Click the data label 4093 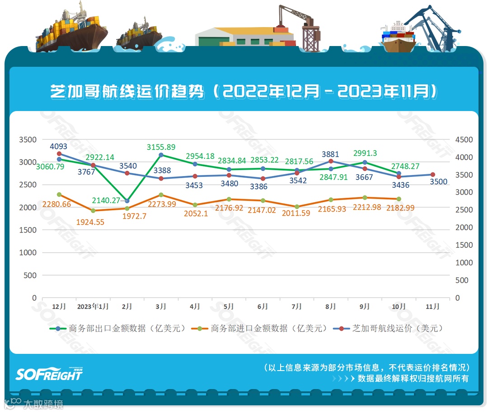click(x=59, y=146)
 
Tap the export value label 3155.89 click(x=161, y=147)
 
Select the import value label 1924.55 click(x=93, y=222)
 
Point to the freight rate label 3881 click(x=330, y=154)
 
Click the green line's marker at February click(x=127, y=201)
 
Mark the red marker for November click(x=432, y=175)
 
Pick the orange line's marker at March click(x=161, y=195)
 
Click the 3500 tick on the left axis click(x=28, y=139)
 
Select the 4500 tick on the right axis click(x=464, y=139)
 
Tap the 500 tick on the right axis click(x=462, y=280)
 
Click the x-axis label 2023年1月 click(x=93, y=306)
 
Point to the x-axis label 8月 click(x=330, y=306)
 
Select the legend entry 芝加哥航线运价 click(x=388, y=329)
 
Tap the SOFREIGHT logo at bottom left click(x=49, y=374)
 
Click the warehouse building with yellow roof click(x=244, y=36)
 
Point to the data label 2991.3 click(x=365, y=153)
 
